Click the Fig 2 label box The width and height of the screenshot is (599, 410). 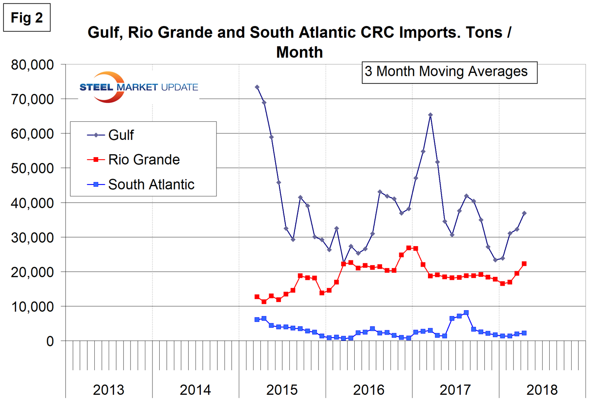pyautogui.click(x=27, y=18)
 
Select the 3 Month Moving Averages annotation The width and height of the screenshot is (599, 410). pyautogui.click(x=449, y=72)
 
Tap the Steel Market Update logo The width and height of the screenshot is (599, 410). pyautogui.click(x=138, y=87)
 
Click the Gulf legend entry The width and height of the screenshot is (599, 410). pyautogui.click(x=121, y=135)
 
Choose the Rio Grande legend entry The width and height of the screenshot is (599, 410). pyautogui.click(x=144, y=160)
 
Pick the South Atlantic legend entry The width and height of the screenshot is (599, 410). pyautogui.click(x=151, y=185)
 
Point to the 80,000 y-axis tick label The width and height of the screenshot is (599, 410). pyautogui.click(x=32, y=65)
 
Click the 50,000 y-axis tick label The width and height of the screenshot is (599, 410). pyautogui.click(x=32, y=169)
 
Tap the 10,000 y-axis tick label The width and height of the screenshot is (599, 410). pyautogui.click(x=32, y=307)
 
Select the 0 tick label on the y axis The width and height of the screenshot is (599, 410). pyautogui.click(x=50, y=341)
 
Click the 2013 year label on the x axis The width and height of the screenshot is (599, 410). pyautogui.click(x=109, y=390)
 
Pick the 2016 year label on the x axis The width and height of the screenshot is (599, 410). pyautogui.click(x=369, y=390)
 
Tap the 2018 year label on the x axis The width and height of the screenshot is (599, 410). pyautogui.click(x=542, y=390)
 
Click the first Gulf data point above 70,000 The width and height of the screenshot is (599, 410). pyautogui.click(x=257, y=87)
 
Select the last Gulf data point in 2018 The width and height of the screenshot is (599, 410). pyautogui.click(x=524, y=213)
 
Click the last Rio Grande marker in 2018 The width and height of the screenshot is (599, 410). pyautogui.click(x=524, y=264)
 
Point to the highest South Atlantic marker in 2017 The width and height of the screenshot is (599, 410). pyautogui.click(x=466, y=313)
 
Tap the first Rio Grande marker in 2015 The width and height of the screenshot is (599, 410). pyautogui.click(x=257, y=297)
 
